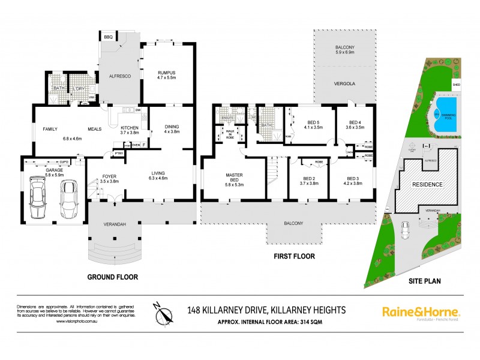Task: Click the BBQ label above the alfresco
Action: point(109,38)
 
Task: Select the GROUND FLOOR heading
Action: point(112,277)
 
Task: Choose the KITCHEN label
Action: point(130,128)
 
